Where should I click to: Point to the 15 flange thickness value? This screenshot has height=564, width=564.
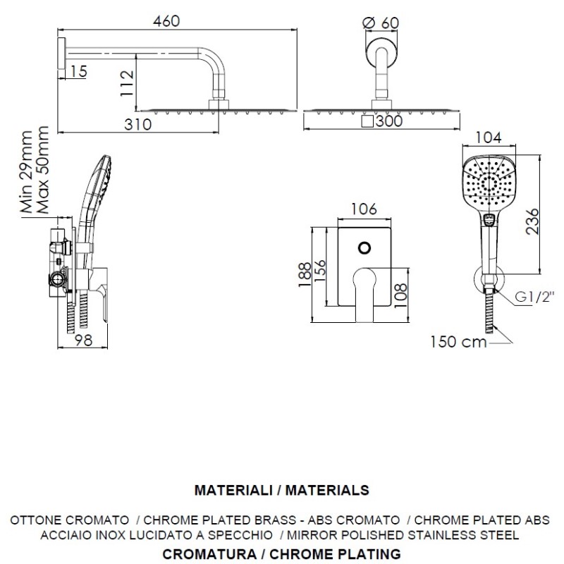pyautogui.click(x=79, y=70)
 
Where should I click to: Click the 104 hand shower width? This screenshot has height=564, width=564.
pyautogui.click(x=490, y=137)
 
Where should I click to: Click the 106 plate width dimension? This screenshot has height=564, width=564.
pyautogui.click(x=363, y=209)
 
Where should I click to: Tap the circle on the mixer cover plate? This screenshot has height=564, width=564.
pyautogui.click(x=364, y=248)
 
